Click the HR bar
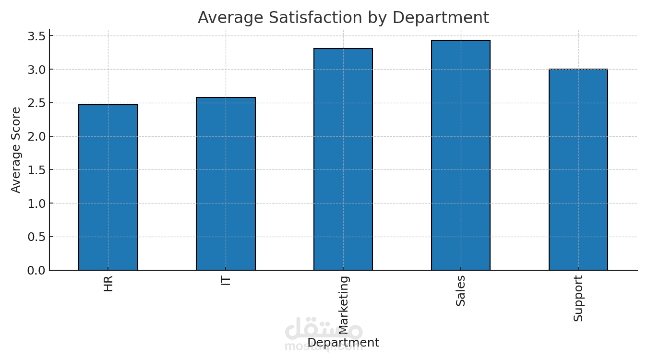pyautogui.click(x=108, y=187)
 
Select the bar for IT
pyautogui.click(x=226, y=184)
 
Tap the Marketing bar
pyautogui.click(x=343, y=159)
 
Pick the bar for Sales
pyautogui.click(x=461, y=155)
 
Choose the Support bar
pyautogui.click(x=578, y=169)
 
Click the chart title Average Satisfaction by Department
pyautogui.click(x=343, y=18)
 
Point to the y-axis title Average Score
pyautogui.click(x=16, y=150)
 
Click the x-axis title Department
pyautogui.click(x=343, y=343)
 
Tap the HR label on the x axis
pyautogui.click(x=108, y=283)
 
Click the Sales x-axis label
pyautogui.click(x=461, y=290)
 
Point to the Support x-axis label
pyautogui.click(x=578, y=298)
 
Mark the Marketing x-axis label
pyautogui.click(x=344, y=304)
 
